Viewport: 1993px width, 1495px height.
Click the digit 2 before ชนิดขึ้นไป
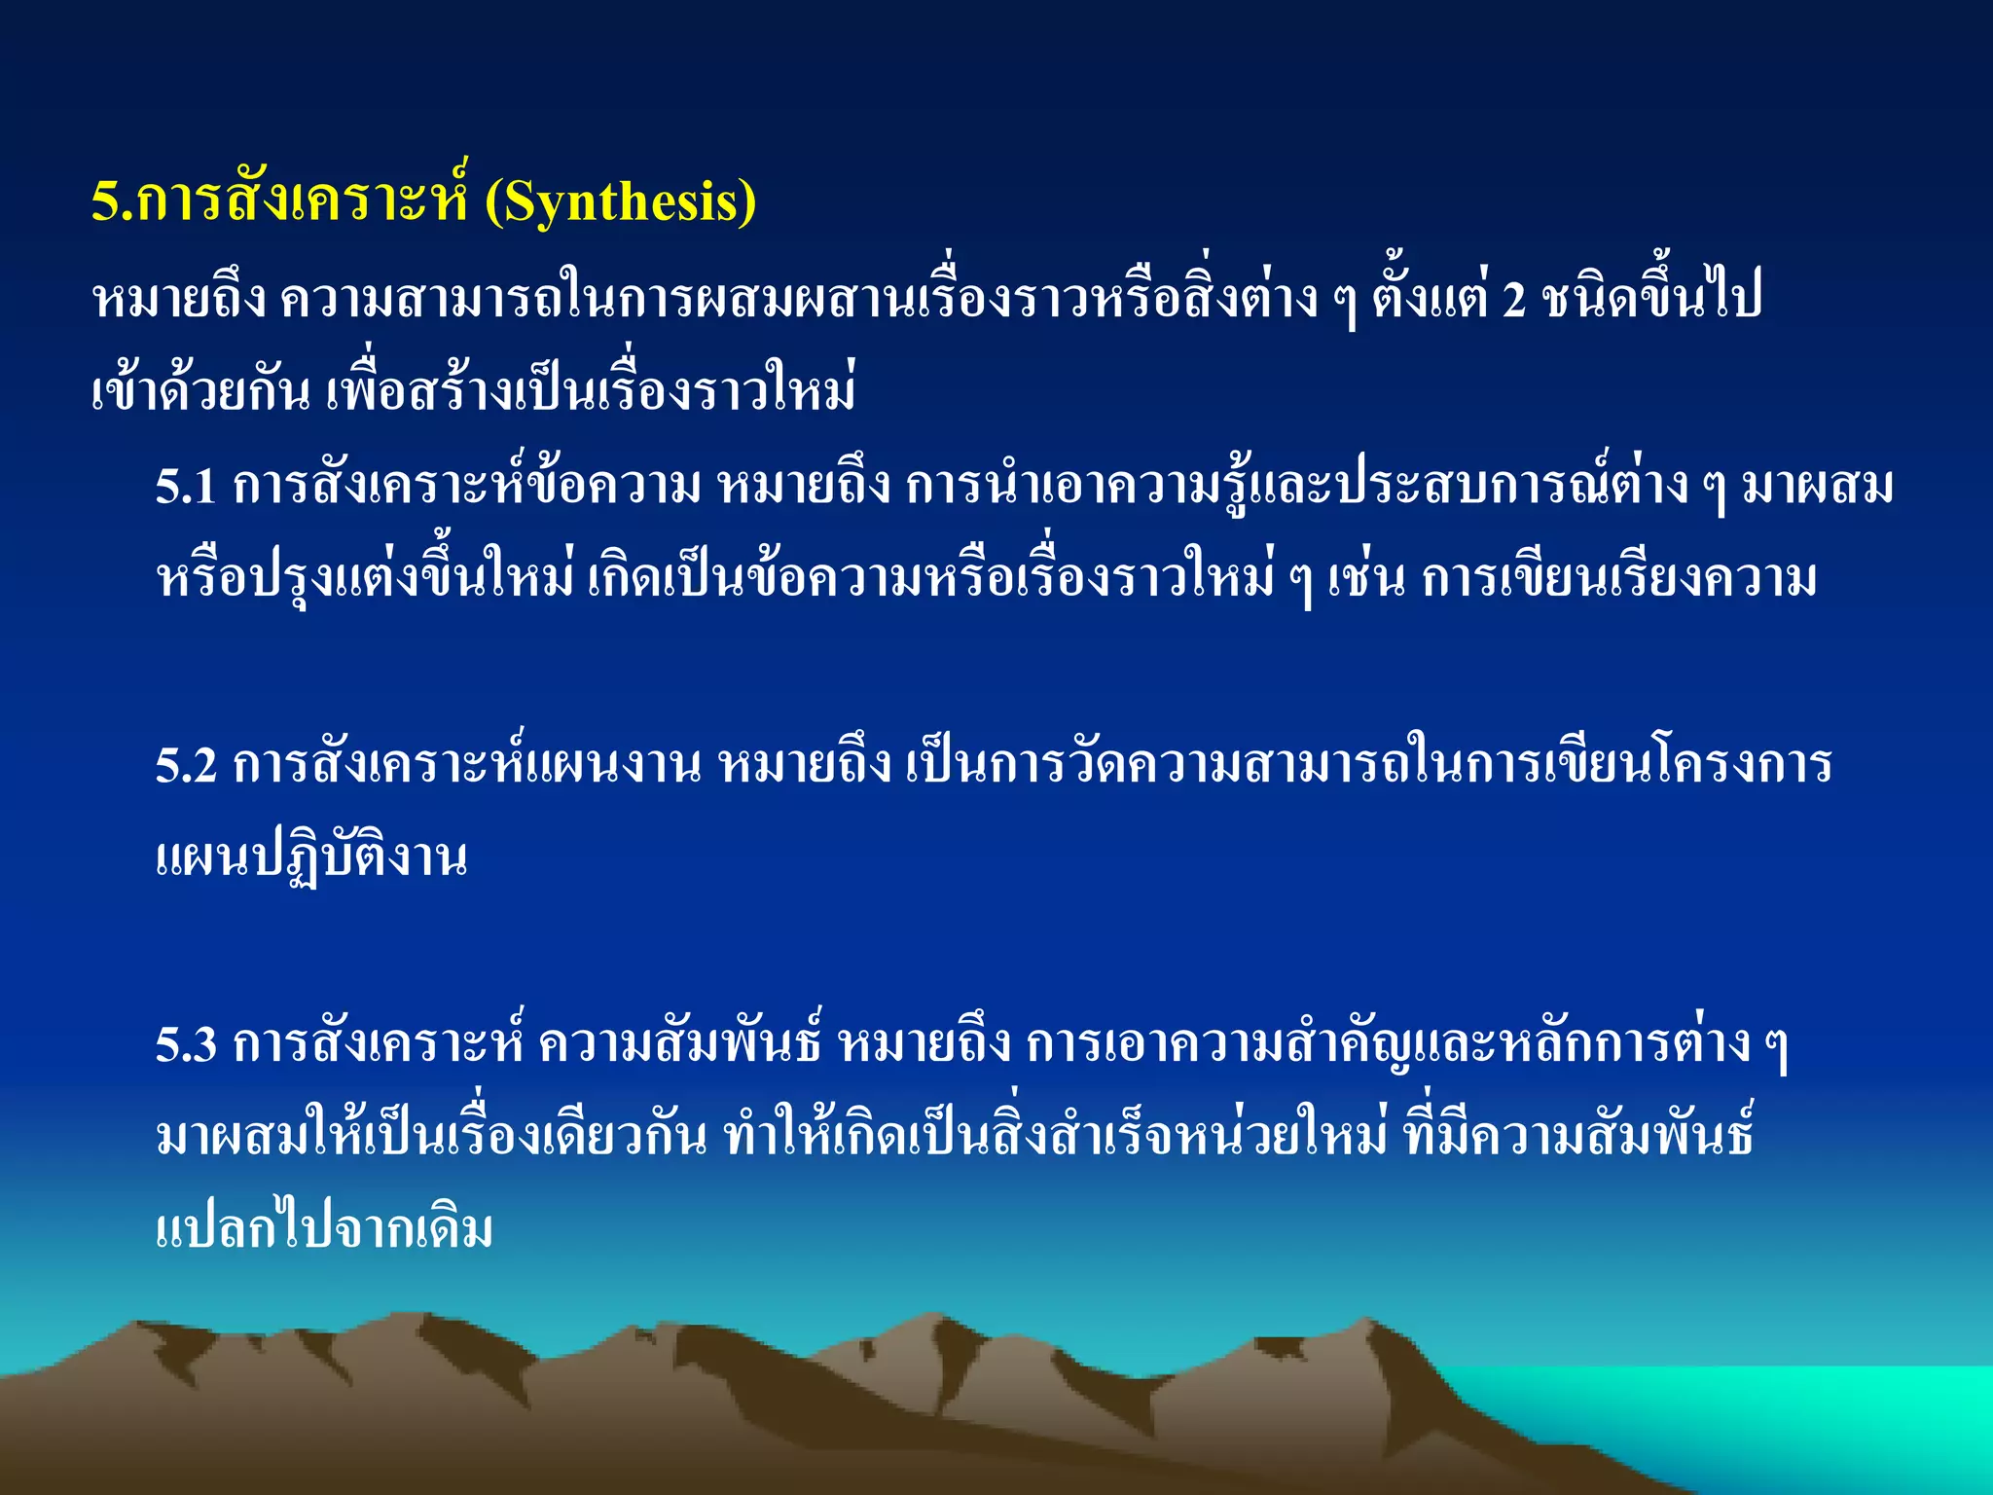point(1514,300)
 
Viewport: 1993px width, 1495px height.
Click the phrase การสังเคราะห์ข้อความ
point(467,487)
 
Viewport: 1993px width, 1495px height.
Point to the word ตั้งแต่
point(1430,298)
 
